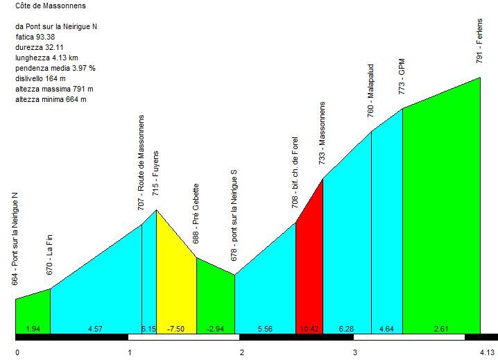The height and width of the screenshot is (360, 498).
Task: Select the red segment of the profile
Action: (x=309, y=271)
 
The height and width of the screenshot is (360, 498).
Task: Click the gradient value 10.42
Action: (x=309, y=328)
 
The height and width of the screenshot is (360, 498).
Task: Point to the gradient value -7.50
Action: (x=176, y=328)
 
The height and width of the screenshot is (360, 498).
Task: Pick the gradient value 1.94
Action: (x=33, y=328)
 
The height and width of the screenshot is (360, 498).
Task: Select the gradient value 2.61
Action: (x=441, y=328)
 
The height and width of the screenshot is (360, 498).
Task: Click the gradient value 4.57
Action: (x=96, y=328)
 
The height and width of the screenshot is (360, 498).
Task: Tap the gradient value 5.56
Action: (x=265, y=328)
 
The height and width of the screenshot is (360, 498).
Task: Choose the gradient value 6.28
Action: (x=347, y=328)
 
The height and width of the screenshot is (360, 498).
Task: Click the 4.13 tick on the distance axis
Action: (x=488, y=352)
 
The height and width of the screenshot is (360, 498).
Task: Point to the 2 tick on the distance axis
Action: (x=242, y=352)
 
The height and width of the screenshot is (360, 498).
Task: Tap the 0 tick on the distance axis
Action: (x=17, y=352)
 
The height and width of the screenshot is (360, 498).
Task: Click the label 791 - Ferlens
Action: (x=479, y=41)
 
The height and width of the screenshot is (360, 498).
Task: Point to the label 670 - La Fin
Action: (x=50, y=255)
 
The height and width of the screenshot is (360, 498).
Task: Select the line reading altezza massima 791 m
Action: (x=54, y=89)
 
